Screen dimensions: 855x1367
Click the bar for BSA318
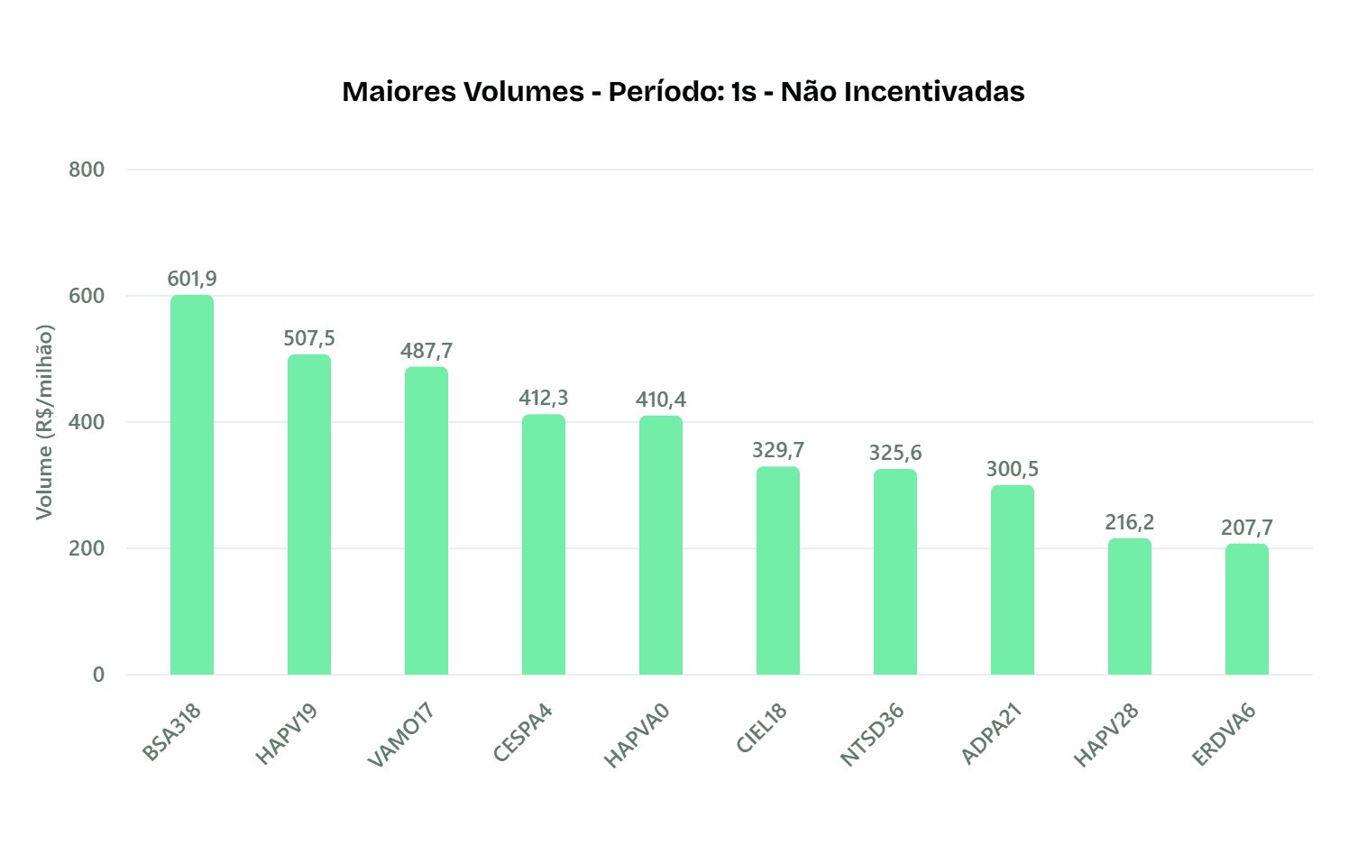[192, 485]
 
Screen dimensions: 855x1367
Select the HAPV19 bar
[309, 515]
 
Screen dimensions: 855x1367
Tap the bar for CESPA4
[544, 545]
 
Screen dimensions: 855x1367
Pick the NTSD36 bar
[895, 572]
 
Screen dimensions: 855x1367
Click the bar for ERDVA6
[1247, 610]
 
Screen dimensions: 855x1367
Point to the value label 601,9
[192, 279]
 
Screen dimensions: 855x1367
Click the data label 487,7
[427, 351]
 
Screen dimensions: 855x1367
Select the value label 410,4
[661, 400]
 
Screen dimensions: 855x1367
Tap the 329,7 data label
[778, 450]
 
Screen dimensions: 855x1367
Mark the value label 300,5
[1013, 469]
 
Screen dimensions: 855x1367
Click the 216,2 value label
[1130, 522]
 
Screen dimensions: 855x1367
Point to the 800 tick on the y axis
[87, 170]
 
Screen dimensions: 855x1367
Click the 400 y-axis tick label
[87, 422]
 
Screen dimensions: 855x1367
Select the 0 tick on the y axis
[98, 675]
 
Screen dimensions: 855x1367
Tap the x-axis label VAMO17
[402, 735]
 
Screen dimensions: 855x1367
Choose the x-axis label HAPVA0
[638, 735]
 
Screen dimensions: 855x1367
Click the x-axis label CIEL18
[762, 728]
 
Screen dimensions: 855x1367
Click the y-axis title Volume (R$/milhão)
[44, 422]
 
